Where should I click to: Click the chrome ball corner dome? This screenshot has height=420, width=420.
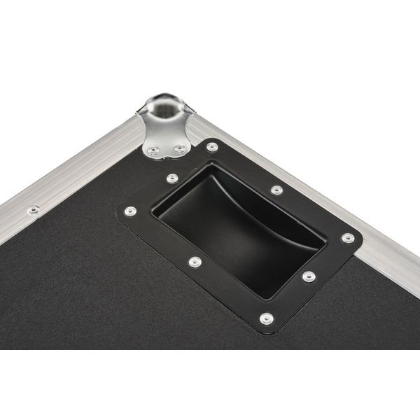click(x=166, y=112)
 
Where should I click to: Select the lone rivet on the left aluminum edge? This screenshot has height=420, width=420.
click(x=33, y=210)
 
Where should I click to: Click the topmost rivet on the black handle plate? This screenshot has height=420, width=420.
click(x=211, y=147)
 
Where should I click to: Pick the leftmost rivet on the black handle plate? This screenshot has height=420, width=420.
click(x=130, y=211)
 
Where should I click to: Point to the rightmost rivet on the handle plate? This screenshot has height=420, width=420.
click(x=348, y=238)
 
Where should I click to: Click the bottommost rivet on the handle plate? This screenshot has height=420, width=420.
click(x=266, y=318)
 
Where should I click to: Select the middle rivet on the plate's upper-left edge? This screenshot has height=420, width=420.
click(x=171, y=178)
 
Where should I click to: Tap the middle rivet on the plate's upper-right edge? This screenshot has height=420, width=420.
click(x=277, y=190)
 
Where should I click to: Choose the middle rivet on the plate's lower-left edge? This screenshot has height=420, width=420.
click(x=195, y=262)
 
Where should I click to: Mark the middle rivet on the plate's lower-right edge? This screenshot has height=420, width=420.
click(x=308, y=276)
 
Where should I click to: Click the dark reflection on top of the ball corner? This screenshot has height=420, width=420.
click(x=165, y=107)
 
